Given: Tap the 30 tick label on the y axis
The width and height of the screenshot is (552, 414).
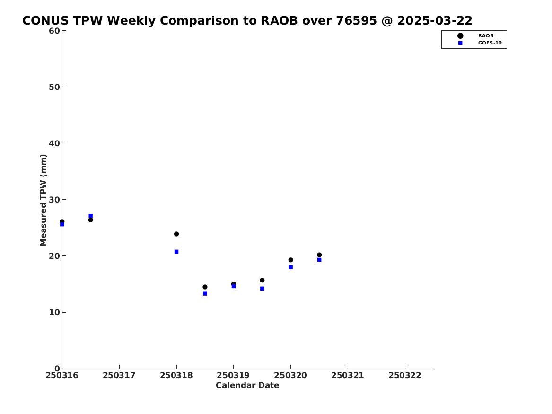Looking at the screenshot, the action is click(x=54, y=200).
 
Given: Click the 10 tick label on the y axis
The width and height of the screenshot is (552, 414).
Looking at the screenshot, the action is click(x=54, y=312).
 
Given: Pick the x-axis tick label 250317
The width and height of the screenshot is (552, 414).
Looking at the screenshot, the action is click(x=119, y=375).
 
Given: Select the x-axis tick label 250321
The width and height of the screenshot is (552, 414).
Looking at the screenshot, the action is click(x=348, y=375).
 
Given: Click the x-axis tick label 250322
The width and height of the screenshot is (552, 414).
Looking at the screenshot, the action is click(x=405, y=375).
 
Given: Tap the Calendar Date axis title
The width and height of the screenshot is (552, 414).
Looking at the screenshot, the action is click(x=247, y=386).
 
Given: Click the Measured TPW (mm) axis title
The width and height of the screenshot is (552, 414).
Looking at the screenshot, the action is click(x=43, y=200).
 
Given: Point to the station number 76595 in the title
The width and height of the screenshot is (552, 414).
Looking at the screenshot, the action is click(x=356, y=21).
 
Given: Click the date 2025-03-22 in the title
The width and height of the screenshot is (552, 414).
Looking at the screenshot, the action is click(x=435, y=21).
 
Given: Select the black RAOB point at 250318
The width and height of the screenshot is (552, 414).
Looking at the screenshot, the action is click(x=176, y=234).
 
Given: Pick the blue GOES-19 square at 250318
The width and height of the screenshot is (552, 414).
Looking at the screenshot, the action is click(x=176, y=252).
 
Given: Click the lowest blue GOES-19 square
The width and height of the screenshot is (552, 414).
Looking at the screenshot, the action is click(x=205, y=294).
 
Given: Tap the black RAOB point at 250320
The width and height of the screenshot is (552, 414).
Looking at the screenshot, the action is click(x=291, y=260).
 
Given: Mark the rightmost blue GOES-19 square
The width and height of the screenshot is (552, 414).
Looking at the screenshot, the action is click(x=319, y=260).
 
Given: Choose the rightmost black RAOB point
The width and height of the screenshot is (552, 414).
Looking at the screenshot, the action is click(x=319, y=255).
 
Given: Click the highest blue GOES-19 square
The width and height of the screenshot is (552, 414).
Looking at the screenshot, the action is click(x=90, y=216).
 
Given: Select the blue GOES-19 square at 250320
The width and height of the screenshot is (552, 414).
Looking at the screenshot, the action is click(x=291, y=267).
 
